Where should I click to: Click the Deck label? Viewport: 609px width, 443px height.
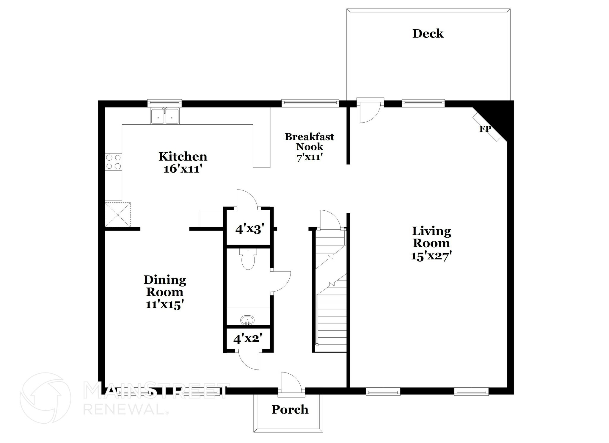(x=428, y=34)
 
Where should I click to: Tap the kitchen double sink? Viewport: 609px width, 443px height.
(x=165, y=116)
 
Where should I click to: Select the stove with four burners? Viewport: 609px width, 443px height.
(x=114, y=162)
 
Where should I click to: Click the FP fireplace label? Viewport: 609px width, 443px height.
(x=485, y=129)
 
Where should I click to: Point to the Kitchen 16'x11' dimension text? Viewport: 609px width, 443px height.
(x=183, y=169)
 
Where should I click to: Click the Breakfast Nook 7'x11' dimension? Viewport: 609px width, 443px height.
(x=309, y=157)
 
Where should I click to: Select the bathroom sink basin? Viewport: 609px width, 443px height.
(x=247, y=321)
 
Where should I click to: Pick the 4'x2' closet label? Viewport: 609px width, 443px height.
(x=248, y=339)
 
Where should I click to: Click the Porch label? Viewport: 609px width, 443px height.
(x=290, y=410)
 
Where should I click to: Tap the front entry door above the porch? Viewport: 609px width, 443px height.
(x=291, y=384)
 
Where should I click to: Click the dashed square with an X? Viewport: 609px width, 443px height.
(x=118, y=215)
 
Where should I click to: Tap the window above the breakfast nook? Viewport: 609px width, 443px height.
(x=310, y=103)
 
